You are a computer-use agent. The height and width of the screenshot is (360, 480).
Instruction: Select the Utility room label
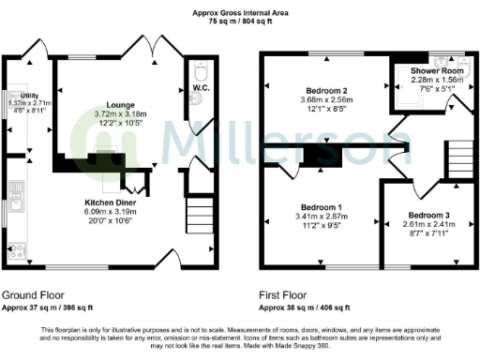point(24,95)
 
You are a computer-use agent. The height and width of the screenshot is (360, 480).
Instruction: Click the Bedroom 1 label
point(321,207)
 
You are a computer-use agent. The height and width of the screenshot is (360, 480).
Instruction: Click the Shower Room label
point(438,70)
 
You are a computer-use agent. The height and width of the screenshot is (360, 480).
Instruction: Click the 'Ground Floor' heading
point(33,293)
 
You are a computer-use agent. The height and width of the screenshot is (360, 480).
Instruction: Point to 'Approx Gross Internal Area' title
point(239,11)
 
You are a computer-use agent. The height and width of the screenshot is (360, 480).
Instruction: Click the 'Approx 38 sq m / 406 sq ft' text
point(305,307)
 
